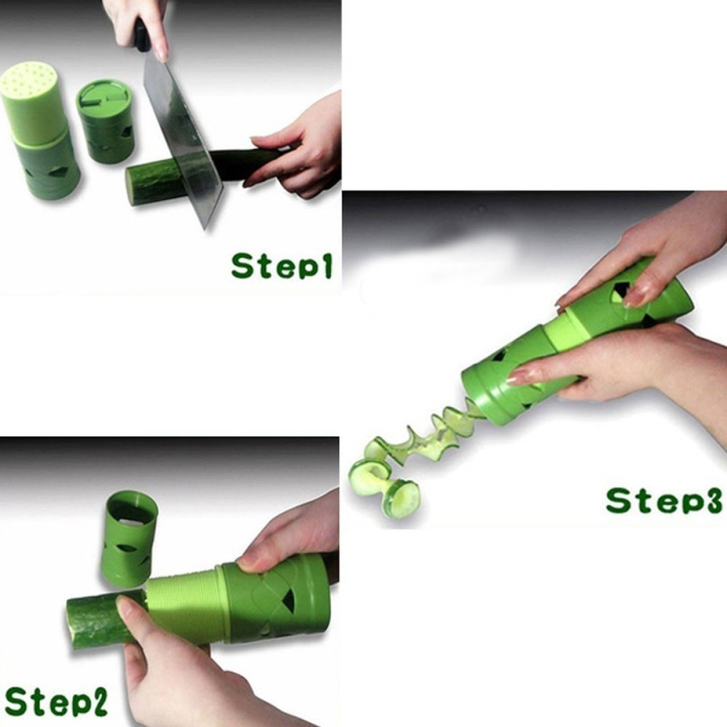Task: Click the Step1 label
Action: [282, 265]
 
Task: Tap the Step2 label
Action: [56, 701]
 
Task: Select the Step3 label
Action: [663, 501]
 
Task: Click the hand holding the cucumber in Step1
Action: [296, 146]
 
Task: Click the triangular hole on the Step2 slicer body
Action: [288, 601]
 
